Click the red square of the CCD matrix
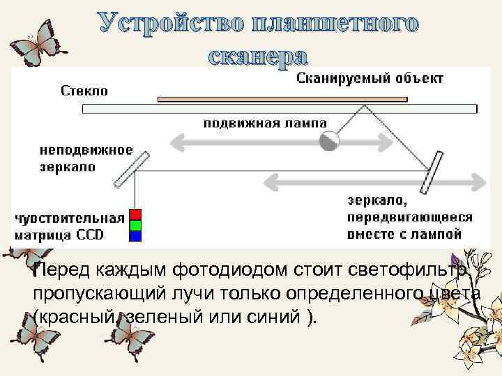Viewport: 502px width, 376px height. point(135,214)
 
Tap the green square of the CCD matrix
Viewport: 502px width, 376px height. point(135,225)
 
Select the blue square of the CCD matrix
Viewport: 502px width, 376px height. point(135,235)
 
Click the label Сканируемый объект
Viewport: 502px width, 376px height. point(370,79)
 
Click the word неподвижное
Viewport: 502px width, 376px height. point(86,151)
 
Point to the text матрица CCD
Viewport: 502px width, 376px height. point(60,235)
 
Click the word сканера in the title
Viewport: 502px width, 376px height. point(257,55)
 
